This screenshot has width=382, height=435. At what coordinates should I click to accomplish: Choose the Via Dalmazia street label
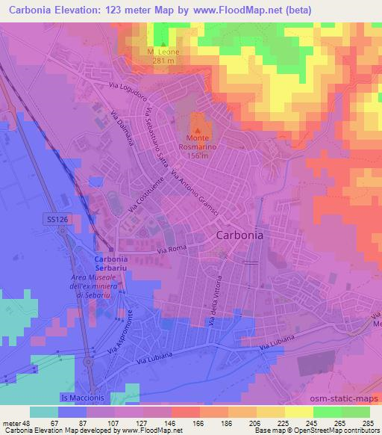pyautogui.click(x=122, y=132)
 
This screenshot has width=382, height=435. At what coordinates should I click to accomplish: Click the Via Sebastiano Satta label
pyautogui.click(x=157, y=136)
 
